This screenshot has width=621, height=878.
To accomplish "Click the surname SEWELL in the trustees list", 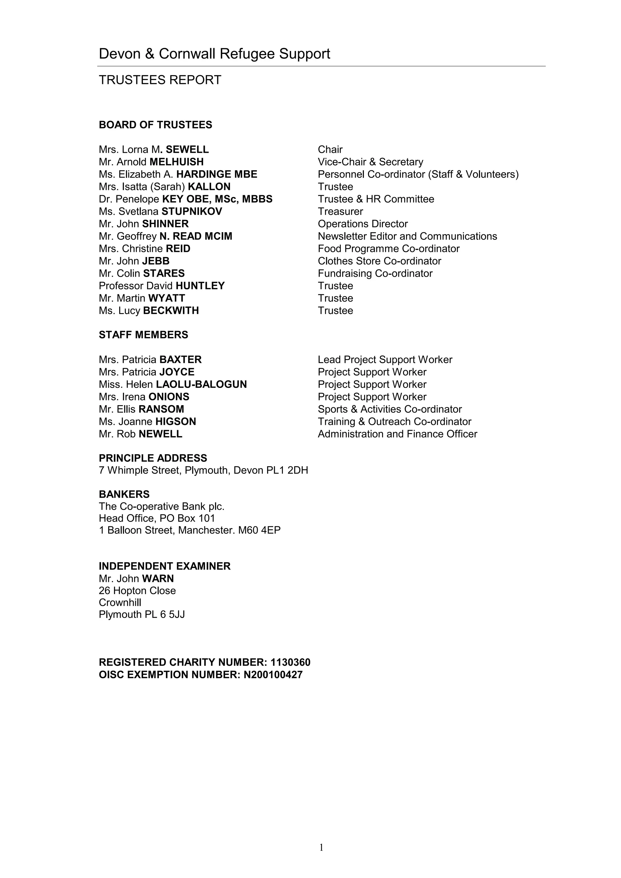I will click(187, 149).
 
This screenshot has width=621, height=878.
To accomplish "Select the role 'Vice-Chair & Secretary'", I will click(370, 162).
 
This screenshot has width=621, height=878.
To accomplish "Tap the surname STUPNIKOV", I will click(192, 212).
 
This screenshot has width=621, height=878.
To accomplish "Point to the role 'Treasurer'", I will click(340, 212).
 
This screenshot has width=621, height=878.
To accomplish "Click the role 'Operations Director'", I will click(363, 224).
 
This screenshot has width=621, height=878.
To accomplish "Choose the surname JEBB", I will click(156, 261).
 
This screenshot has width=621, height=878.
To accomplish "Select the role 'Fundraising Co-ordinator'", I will click(375, 273).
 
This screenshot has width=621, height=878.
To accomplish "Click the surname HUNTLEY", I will click(200, 286).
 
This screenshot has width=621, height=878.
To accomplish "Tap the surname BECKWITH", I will click(171, 311).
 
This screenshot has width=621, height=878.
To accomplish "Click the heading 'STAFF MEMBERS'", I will click(143, 335).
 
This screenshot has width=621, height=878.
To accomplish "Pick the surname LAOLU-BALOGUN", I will click(201, 384).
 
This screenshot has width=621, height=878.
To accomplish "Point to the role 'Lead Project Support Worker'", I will click(385, 360).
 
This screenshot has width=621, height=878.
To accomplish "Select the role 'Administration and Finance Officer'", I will click(397, 434).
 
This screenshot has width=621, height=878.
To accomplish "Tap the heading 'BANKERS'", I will click(124, 494).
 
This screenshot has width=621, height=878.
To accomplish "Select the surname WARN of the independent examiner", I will click(158, 579).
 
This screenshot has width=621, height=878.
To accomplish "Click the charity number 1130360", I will click(290, 662).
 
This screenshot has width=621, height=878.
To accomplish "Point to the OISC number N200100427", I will click(273, 675).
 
